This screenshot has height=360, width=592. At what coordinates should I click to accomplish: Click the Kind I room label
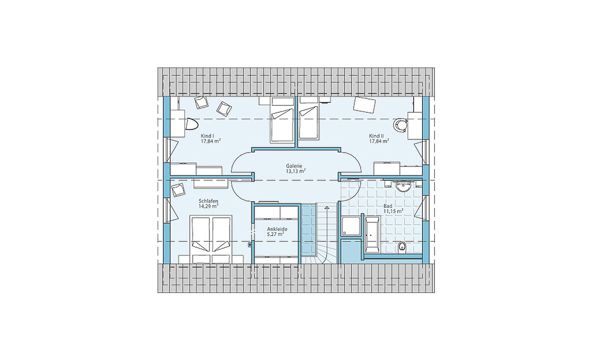click(207, 136)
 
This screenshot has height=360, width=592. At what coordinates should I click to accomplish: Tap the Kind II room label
click(376, 136)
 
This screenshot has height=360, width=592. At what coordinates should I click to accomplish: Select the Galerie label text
click(295, 165)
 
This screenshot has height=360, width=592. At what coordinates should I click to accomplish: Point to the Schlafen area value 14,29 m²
click(209, 206)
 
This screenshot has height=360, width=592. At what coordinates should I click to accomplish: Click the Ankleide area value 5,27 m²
click(275, 235)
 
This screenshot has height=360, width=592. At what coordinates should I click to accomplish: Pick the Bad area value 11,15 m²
click(393, 211)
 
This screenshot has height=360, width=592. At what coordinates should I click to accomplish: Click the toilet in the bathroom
click(402, 246)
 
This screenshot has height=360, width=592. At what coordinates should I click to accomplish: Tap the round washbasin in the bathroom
click(404, 185)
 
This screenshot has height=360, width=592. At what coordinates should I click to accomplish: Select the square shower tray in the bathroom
click(351, 226)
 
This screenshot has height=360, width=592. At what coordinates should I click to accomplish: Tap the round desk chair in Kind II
click(400, 124)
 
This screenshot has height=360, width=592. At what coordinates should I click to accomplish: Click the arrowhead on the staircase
click(326, 207)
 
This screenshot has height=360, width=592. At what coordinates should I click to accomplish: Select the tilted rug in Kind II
click(365, 104)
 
